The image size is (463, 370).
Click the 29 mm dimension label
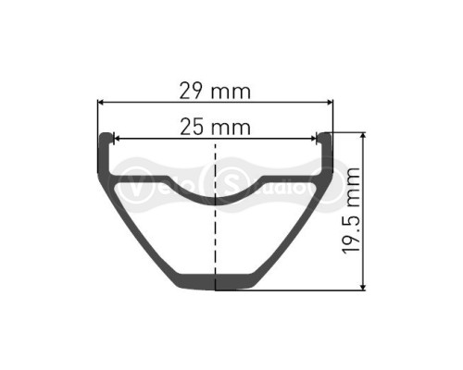click(x=216, y=91)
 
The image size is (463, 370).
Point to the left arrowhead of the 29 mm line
click(x=100, y=102)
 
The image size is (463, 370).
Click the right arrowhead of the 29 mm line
click(x=332, y=102)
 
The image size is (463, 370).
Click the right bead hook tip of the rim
click(x=325, y=139)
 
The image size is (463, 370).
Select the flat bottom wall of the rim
click(x=216, y=282)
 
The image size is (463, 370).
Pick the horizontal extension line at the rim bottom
click(x=306, y=290)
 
